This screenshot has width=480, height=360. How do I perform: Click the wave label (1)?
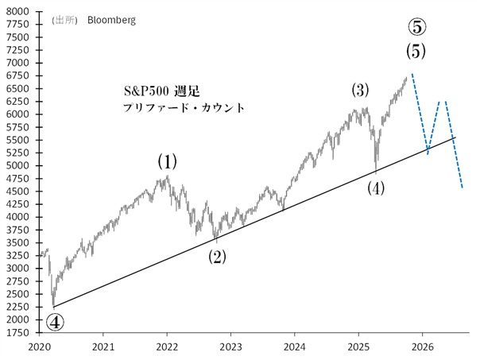point(166,161)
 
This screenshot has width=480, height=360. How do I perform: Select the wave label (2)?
point(217,257)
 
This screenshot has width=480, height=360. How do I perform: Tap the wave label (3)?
point(360,90)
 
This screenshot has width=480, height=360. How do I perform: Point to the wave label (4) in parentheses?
point(376,188)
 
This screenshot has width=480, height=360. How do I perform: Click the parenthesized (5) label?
point(416,52)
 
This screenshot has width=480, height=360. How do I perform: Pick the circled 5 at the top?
point(417,27)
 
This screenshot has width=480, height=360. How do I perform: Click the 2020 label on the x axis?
point(39,346)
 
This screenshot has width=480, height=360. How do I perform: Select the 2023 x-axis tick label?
point(230,346)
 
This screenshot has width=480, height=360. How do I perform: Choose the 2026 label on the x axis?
point(422,346)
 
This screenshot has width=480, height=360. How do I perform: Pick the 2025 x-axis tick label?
point(358,346)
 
